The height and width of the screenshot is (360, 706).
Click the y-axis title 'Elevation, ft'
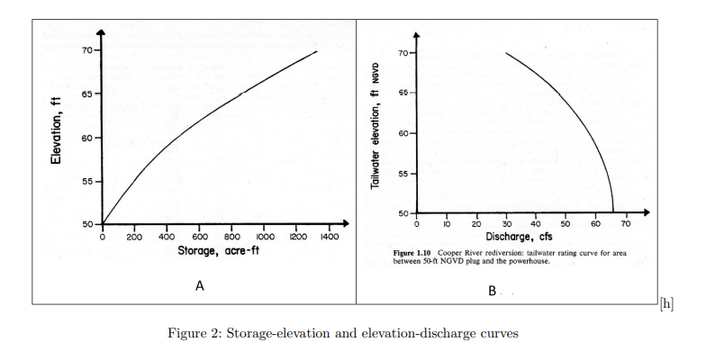point(56,130)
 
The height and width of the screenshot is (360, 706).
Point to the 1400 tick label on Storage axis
point(329,237)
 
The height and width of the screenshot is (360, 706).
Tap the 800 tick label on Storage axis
point(231,237)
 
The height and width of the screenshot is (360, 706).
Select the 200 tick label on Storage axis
point(134,237)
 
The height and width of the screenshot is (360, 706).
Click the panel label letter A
point(200,286)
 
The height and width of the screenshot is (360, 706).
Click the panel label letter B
point(492,291)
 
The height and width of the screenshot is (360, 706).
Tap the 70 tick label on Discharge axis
point(626,223)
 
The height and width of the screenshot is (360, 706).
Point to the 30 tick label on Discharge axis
point(506,223)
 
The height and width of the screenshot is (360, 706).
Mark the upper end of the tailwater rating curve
point(506,53)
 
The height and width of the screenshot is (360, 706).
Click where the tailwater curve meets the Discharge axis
point(613,212)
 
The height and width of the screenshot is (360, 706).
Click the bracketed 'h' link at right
point(666,304)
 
